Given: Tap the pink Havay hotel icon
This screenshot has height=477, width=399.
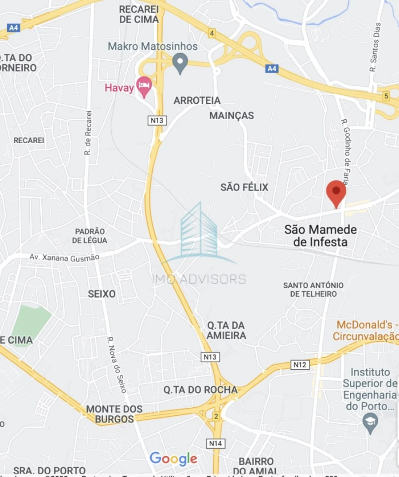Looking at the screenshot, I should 144,86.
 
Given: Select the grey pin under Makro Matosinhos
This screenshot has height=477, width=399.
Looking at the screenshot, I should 180,63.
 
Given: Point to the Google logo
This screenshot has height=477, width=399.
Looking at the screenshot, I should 173,459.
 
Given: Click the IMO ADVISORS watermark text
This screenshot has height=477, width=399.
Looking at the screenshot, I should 199,279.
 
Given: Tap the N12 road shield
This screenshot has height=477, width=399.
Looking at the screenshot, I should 300,364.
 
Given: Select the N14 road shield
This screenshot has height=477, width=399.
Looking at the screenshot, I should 216,443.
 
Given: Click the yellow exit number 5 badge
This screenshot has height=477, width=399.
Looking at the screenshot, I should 386,96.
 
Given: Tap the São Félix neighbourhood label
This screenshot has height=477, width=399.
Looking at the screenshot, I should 244,187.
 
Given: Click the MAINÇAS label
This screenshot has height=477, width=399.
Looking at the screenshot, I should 231,116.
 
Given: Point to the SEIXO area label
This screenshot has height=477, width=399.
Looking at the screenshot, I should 102,294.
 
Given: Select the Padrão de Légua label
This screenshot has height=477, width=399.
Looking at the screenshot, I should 90,236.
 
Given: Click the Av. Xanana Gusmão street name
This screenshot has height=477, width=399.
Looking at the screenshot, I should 64,257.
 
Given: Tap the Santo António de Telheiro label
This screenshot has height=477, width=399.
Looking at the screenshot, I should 313,289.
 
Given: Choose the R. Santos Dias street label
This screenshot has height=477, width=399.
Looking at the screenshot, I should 376,47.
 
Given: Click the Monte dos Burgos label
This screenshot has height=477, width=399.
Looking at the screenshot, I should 114,414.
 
